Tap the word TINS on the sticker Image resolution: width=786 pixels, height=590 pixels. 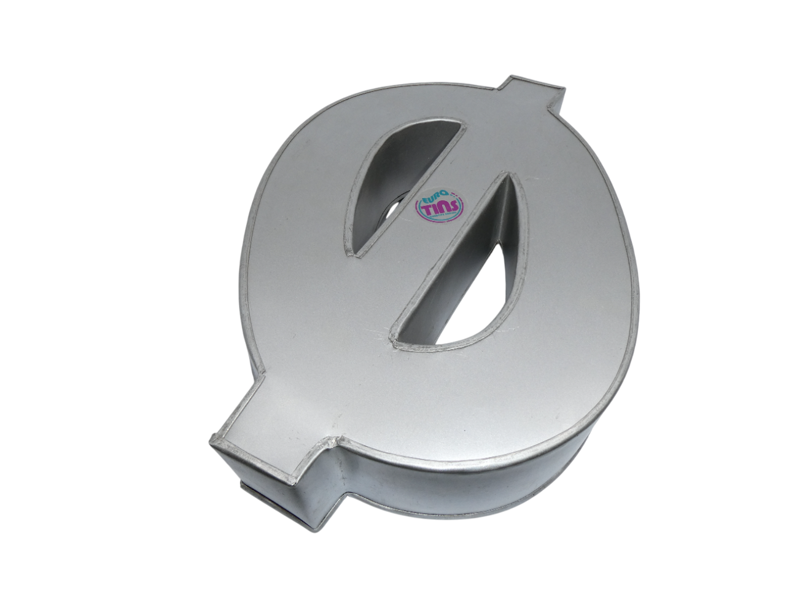pyautogui.click(x=440, y=207)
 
